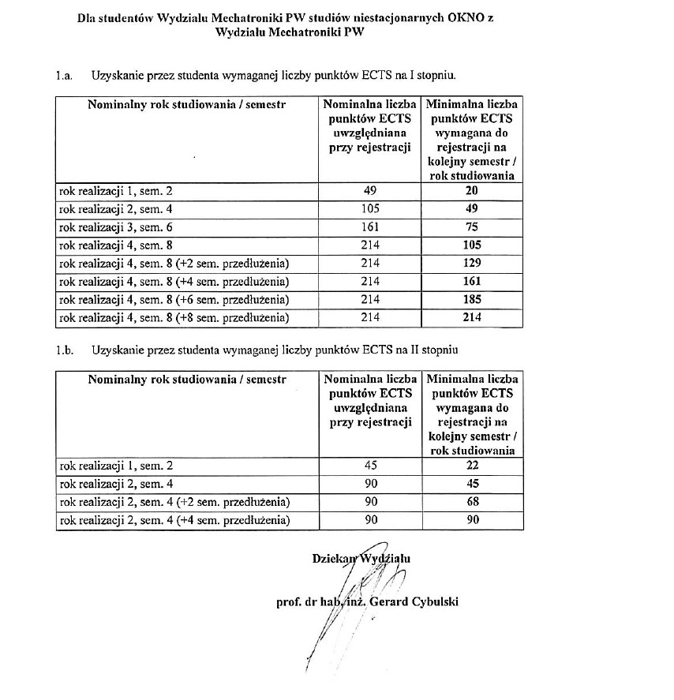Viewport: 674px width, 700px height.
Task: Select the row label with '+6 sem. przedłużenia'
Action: coord(174,299)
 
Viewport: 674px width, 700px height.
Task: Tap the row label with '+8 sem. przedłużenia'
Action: coord(174,317)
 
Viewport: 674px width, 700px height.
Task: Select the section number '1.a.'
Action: coord(64,76)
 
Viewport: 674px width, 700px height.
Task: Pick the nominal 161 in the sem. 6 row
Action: coord(369,226)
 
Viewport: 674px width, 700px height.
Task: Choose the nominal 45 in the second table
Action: coord(369,465)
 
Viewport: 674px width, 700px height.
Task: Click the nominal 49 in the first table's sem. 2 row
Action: coord(369,190)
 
